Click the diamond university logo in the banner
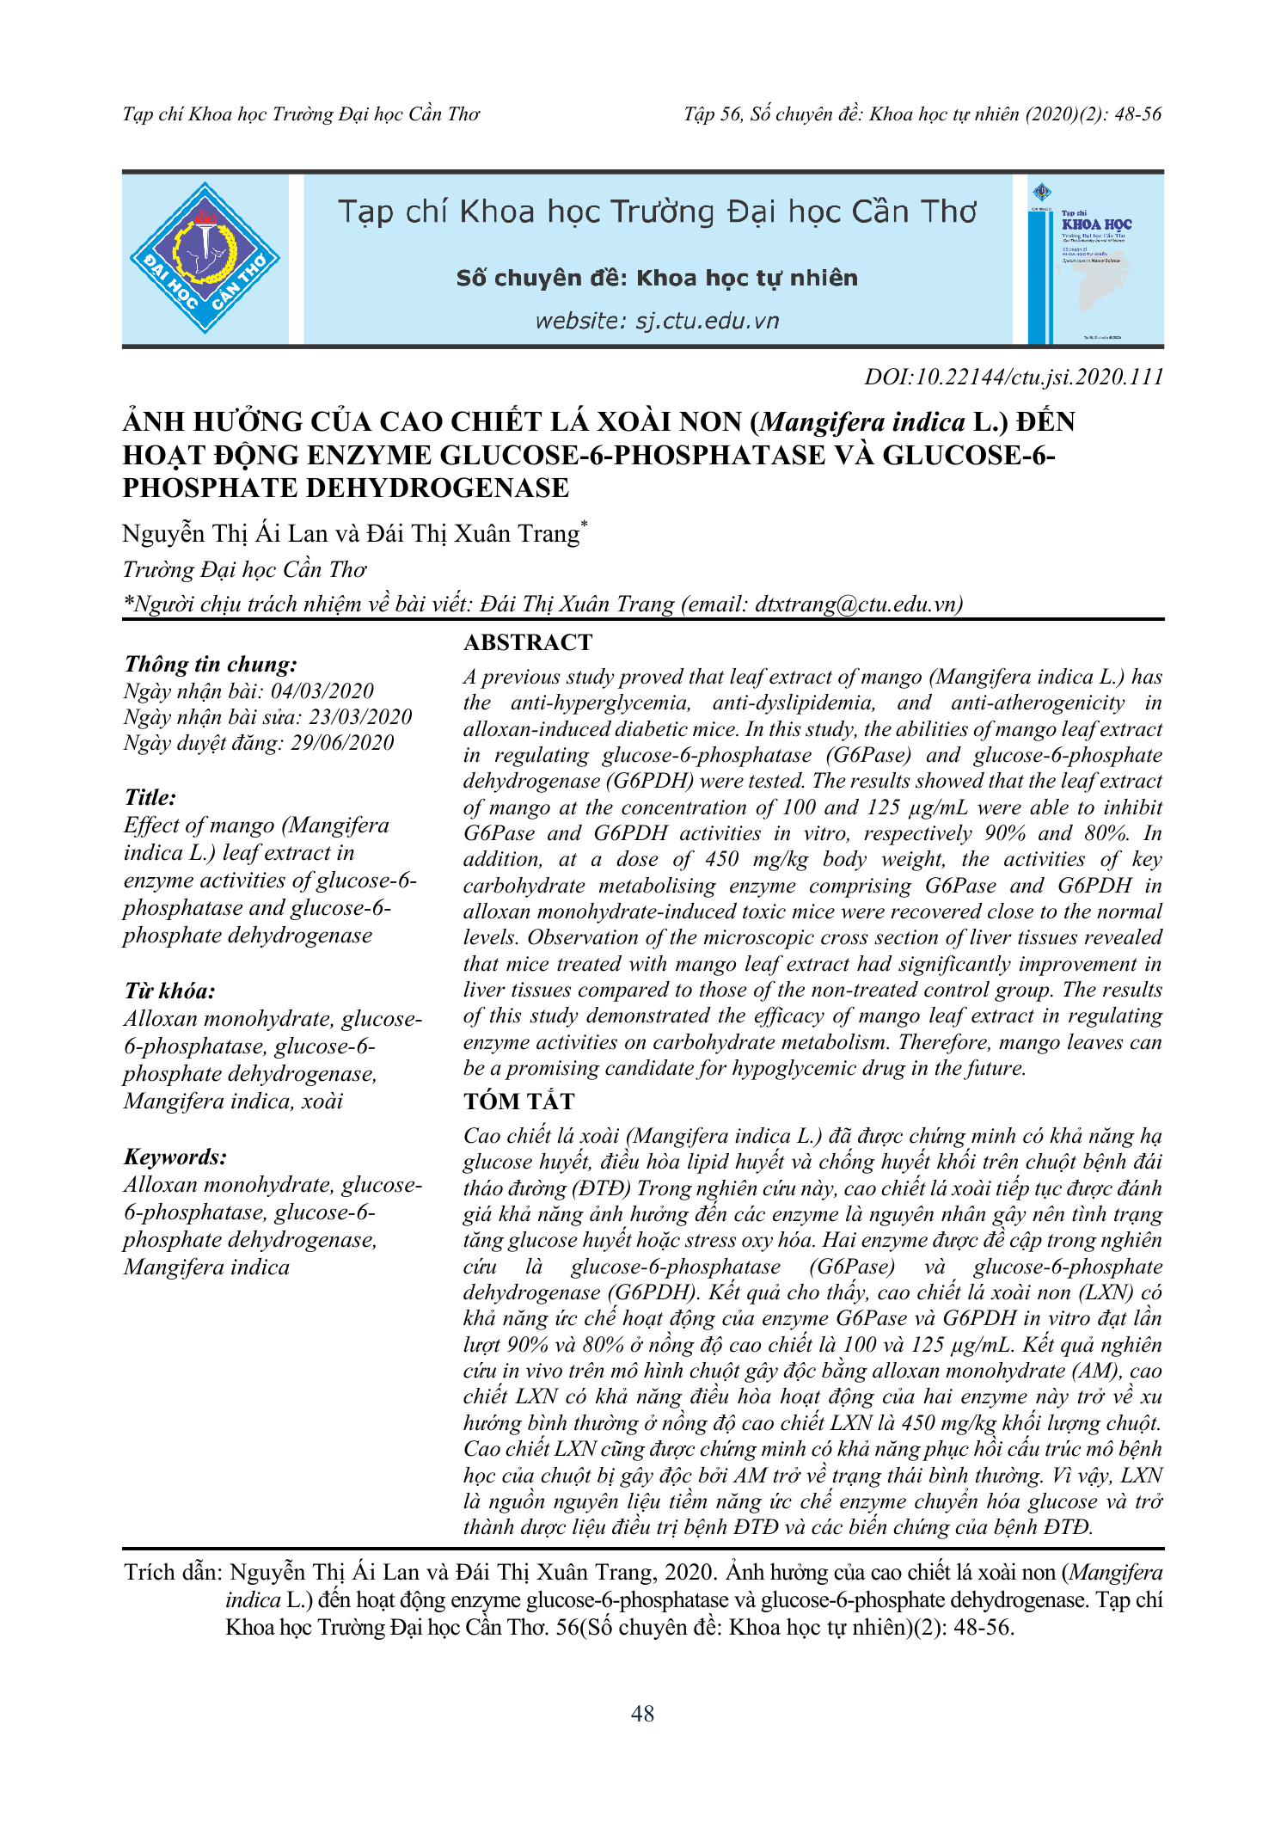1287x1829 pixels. (205, 258)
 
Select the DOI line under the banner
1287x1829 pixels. (1014, 377)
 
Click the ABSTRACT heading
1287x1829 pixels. (528, 642)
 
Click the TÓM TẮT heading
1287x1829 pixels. (519, 1102)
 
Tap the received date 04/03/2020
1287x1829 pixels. (322, 691)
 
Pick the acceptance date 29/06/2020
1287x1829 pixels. (342, 743)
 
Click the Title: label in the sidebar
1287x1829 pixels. (150, 797)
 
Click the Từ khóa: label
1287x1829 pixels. (169, 991)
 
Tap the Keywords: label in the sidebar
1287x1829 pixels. (175, 1157)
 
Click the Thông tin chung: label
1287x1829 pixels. (211, 664)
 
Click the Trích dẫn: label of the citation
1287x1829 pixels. (174, 1573)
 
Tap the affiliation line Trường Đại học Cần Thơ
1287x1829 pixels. (245, 569)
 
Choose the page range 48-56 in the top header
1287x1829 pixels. (1137, 114)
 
